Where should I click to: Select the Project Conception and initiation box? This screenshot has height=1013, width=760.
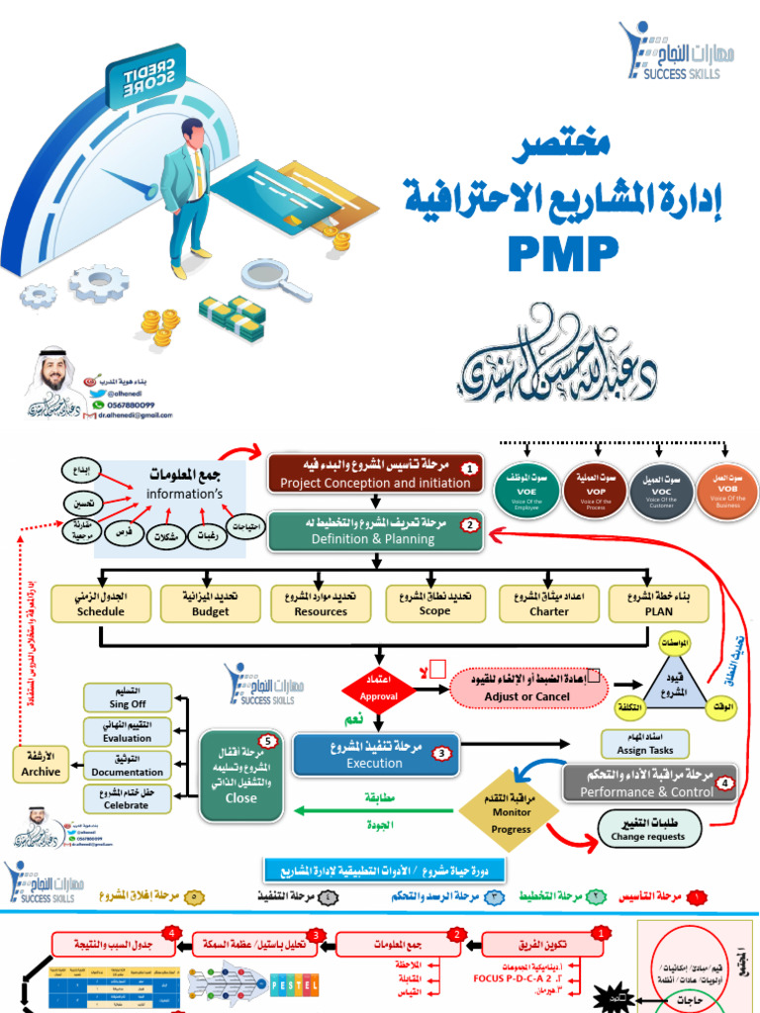tap(375, 474)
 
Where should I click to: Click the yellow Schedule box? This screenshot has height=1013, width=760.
tap(101, 603)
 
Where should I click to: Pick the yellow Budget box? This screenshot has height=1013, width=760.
tap(210, 603)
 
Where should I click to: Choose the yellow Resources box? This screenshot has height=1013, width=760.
tap(322, 603)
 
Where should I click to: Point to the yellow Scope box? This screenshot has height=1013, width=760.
tap(434, 603)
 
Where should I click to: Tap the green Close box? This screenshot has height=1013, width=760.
tap(240, 775)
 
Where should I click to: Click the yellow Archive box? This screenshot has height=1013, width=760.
tap(41, 764)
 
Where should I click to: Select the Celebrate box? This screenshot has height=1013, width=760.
tap(123, 798)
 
